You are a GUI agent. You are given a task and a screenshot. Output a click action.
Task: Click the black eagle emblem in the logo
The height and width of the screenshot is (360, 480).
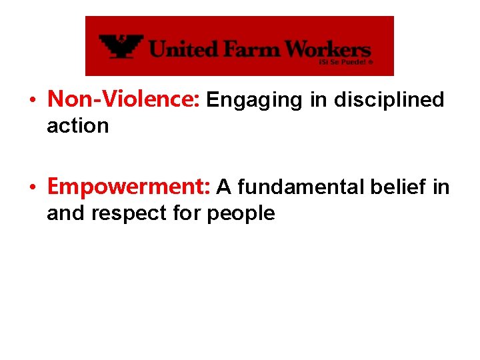(121, 47)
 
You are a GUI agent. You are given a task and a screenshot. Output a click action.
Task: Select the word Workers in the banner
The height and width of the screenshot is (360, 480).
(320, 49)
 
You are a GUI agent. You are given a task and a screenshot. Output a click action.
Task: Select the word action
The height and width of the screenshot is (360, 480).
(77, 125)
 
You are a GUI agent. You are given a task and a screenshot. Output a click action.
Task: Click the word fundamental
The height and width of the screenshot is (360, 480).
(298, 188)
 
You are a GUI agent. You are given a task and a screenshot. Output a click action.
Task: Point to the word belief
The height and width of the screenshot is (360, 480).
(397, 188)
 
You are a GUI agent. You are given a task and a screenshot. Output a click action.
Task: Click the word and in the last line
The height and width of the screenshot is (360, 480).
(62, 213)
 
